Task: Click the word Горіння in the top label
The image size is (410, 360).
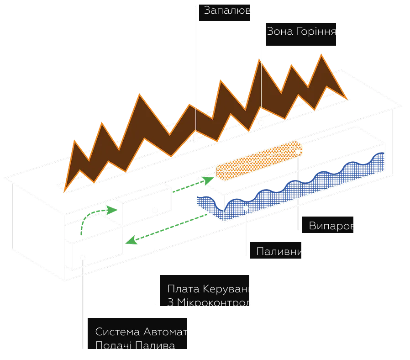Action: (315, 32)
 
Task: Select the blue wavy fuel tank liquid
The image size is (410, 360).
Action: (292, 192)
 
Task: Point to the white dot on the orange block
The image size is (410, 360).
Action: (298, 152)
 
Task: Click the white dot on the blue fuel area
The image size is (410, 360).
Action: (246, 208)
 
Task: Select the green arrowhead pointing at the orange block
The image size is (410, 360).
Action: (210, 179)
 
